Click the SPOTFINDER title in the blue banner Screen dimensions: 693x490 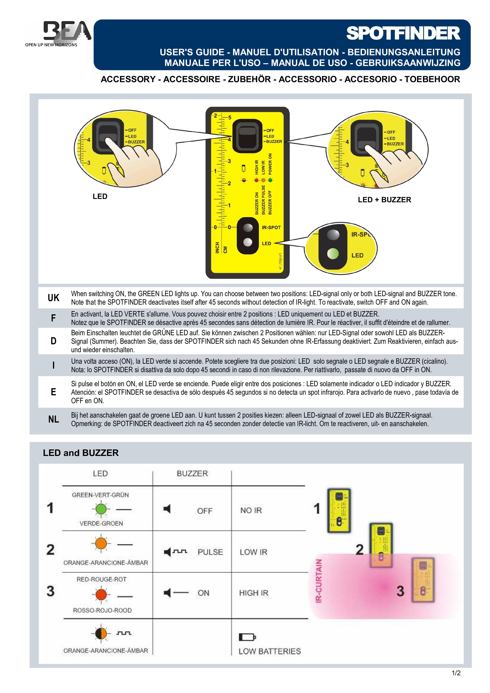(x=403, y=34)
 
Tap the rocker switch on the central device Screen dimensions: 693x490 (x=247, y=136)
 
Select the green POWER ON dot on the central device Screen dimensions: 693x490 (x=270, y=180)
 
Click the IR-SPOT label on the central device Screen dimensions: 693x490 (x=271, y=227)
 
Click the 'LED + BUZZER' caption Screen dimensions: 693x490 (x=384, y=200)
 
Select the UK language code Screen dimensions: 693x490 (x=53, y=298)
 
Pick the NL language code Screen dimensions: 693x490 (x=53, y=419)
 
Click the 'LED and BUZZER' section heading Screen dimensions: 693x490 (x=81, y=453)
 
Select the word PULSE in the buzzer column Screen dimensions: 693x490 (x=210, y=552)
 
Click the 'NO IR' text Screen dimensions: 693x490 (x=251, y=510)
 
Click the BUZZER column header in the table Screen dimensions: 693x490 (x=192, y=474)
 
